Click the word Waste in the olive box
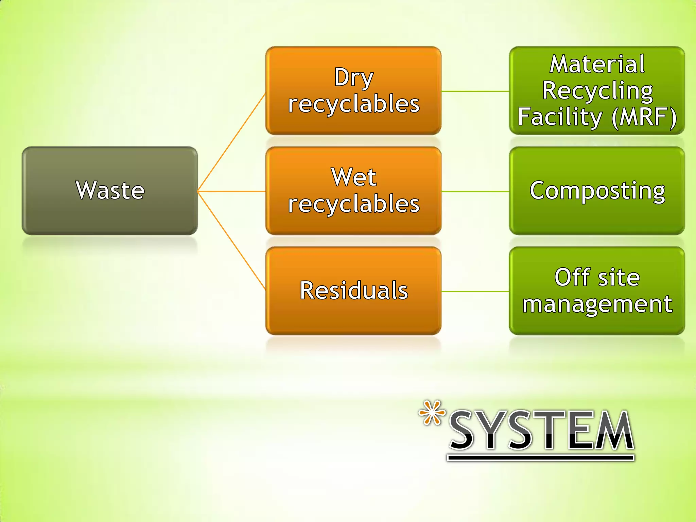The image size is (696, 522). point(110,190)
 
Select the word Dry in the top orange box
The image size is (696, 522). point(353,78)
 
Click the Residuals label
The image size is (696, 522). point(353,291)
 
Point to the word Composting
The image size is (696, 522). point(597,191)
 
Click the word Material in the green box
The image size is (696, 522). point(597,64)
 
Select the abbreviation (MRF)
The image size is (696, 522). point(644,117)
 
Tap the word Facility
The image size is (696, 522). point(560,117)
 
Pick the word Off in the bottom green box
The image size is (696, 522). point(572,277)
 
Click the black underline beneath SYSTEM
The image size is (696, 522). point(540,458)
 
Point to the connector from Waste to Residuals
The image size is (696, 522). point(231,241)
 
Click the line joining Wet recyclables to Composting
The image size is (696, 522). point(475,191)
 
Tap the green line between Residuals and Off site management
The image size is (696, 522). point(475,291)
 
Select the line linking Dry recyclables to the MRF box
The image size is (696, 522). point(475,91)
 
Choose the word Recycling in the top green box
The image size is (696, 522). point(597,91)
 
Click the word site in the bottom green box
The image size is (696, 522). point(619,277)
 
